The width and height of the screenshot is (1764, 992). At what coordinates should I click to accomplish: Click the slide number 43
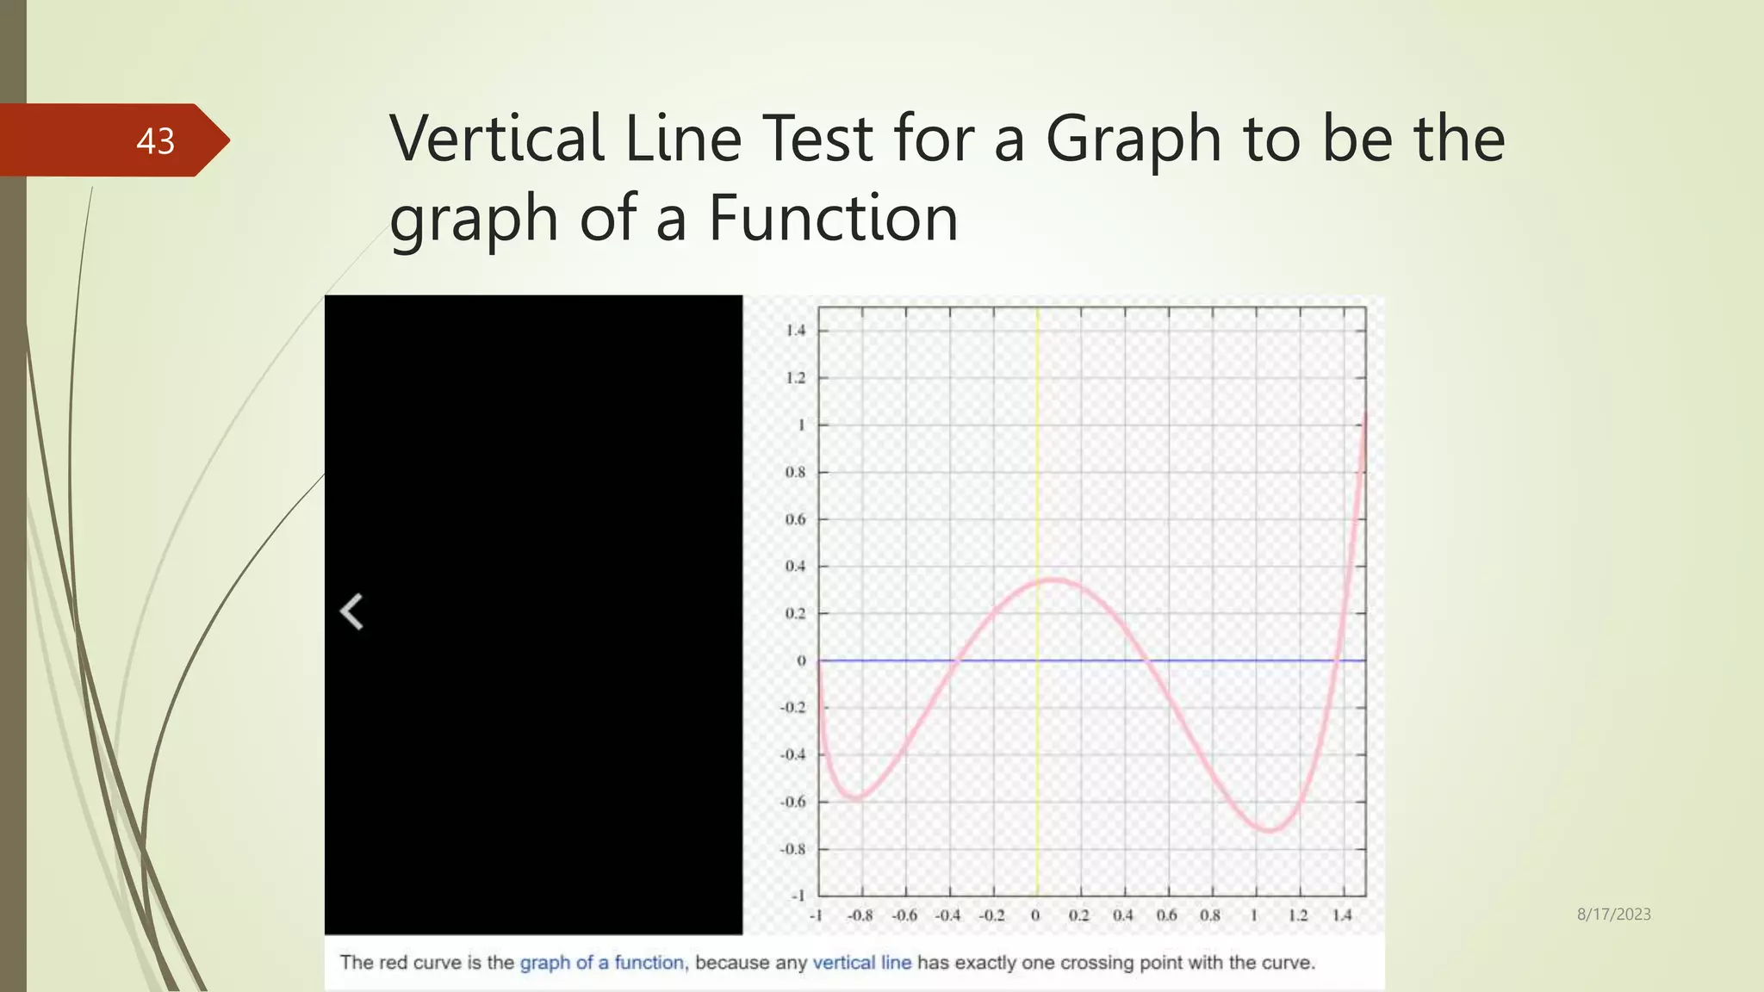[155, 141]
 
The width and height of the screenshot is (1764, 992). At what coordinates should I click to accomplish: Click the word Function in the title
[833, 218]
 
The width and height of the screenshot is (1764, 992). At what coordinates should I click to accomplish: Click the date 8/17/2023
[1613, 914]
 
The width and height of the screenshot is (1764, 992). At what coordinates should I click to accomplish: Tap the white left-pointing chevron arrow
[351, 612]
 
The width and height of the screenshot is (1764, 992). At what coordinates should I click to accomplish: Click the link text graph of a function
[601, 963]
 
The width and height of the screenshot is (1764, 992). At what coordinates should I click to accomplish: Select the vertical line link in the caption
[861, 963]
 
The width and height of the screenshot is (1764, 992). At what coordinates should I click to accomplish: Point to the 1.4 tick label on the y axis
[795, 331]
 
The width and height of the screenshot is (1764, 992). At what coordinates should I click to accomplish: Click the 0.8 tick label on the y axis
[795, 472]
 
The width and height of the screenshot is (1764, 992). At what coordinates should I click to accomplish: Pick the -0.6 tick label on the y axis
[792, 802]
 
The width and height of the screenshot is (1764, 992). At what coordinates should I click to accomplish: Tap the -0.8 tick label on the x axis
[860, 915]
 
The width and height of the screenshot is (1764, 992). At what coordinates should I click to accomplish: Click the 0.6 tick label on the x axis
[1166, 915]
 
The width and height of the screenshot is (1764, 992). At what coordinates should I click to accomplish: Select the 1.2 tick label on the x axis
[1298, 915]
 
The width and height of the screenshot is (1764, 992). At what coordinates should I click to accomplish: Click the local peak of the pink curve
[1054, 580]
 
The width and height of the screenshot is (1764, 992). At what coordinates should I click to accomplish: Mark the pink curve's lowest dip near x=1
[1270, 830]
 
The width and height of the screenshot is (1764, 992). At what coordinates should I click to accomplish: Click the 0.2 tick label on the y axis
[795, 613]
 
